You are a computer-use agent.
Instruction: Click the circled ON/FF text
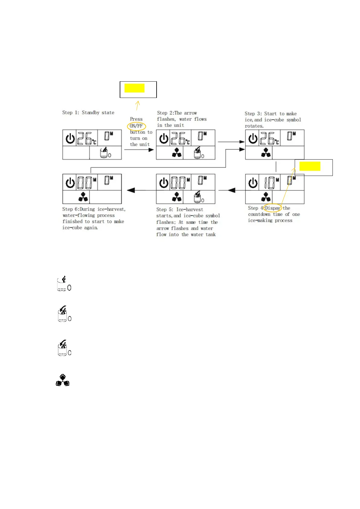pos(136,126)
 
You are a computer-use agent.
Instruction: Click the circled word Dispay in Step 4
pos(272,208)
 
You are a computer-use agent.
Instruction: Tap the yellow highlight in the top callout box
pos(135,88)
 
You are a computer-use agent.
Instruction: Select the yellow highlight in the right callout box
pos(310,166)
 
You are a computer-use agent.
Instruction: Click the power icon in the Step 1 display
pos(70,139)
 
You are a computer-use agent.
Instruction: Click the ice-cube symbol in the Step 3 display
pos(266,153)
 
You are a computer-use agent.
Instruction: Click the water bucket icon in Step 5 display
pos(198,197)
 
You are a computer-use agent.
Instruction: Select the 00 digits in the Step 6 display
pos(86,183)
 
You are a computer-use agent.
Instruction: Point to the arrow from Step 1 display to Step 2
pos(139,150)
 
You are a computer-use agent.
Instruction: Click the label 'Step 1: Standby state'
pos(88,112)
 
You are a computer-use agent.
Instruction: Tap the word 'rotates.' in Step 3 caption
pos(254,126)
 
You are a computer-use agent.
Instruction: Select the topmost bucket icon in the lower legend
pos(64,284)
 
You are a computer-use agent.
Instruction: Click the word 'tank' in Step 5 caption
pos(211,234)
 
